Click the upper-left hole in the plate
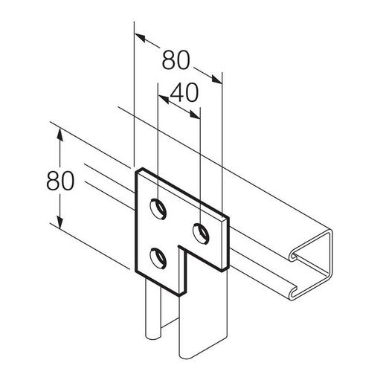click(158, 209)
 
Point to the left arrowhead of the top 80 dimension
click(138, 34)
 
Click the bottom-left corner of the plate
click(135, 270)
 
